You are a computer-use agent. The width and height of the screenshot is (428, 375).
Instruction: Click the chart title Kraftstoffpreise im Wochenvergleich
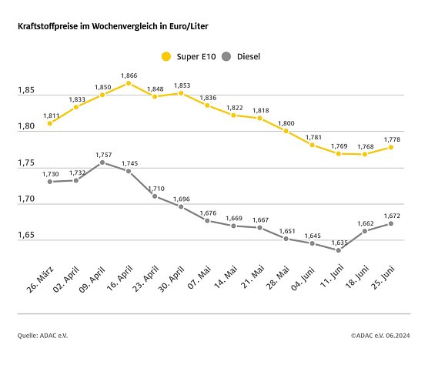click(112, 26)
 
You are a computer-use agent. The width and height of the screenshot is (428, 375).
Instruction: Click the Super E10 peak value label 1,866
click(129, 75)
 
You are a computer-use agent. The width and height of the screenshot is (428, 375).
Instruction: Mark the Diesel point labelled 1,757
click(102, 162)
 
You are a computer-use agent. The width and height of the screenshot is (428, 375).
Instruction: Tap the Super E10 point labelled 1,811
click(50, 122)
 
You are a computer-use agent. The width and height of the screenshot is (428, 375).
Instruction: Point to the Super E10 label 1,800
click(286, 122)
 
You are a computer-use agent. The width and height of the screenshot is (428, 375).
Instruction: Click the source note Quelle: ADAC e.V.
click(42, 335)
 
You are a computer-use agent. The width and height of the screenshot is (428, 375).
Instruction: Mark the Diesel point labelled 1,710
click(155, 196)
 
